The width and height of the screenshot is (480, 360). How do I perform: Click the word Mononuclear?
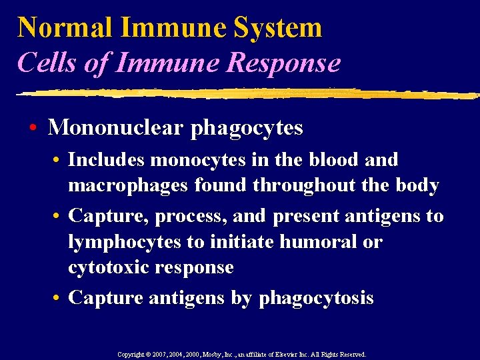[x=117, y=127]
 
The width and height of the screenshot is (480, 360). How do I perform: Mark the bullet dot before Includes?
[x=60, y=161]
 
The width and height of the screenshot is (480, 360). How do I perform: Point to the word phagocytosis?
[x=316, y=298]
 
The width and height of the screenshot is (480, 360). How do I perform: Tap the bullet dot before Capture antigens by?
[x=60, y=297]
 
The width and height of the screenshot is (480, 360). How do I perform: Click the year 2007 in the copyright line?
[x=160, y=355]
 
